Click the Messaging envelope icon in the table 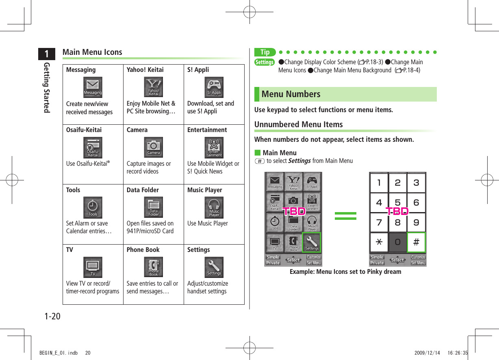[x=93, y=87]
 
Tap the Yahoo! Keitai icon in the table [x=154, y=87]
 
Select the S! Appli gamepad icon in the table [x=214, y=87]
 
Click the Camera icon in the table [x=154, y=147]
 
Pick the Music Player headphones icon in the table [x=214, y=208]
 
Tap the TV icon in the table [x=93, y=267]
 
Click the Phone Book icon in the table [x=154, y=267]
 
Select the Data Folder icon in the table [x=154, y=208]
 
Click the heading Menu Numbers [x=291, y=94]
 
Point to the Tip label [x=265, y=52]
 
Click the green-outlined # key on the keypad [x=416, y=243]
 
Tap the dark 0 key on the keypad [x=397, y=243]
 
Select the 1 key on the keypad [x=379, y=183]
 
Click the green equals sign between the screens [x=345, y=216]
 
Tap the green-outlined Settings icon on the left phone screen [x=312, y=243]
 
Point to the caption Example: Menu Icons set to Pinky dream [x=345, y=272]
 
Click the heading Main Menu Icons [x=92, y=52]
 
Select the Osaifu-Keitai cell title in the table [x=84, y=130]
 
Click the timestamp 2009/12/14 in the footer [x=427, y=353]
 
